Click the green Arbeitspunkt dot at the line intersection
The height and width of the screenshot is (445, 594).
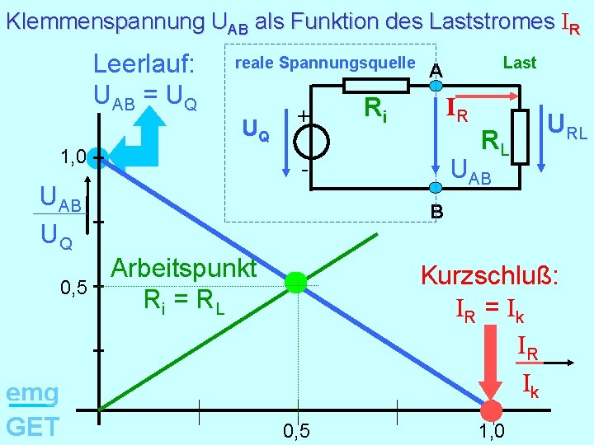coord(295,283)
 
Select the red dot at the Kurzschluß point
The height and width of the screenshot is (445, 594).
coord(491,410)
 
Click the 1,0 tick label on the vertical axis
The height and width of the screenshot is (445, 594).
coord(73,157)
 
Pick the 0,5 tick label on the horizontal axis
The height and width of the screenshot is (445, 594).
coord(296,431)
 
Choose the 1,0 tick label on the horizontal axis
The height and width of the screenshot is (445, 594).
coord(492,431)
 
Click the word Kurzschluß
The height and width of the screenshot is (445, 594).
coord(490,274)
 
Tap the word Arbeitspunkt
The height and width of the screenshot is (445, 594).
coord(183,268)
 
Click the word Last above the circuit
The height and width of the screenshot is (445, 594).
coord(519,63)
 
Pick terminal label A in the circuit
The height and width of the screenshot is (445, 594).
coord(436,71)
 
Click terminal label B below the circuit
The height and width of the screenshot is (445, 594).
coord(436,212)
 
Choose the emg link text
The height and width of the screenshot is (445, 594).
coord(31,394)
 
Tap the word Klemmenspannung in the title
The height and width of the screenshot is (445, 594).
coord(106,22)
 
